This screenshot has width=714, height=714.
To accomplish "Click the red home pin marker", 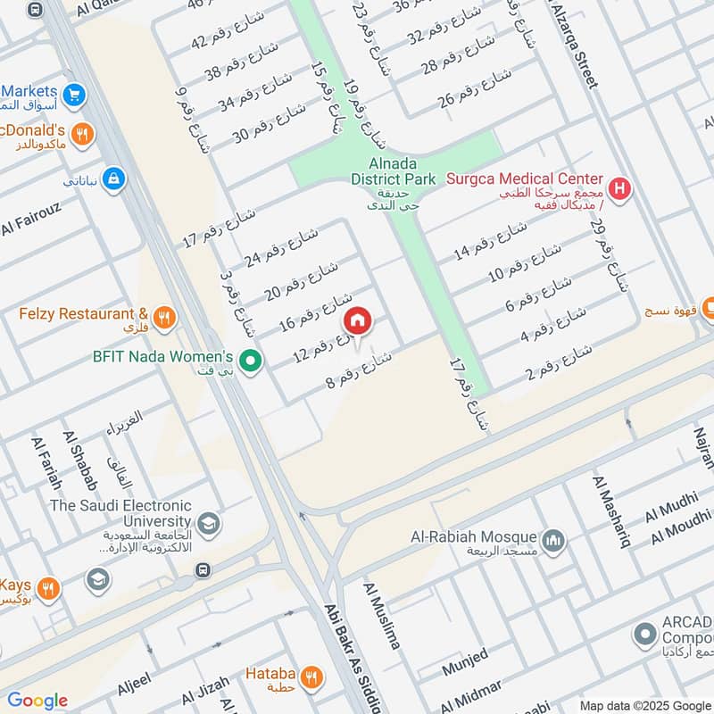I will tap(357, 320).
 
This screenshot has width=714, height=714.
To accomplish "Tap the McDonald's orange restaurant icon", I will tap(82, 134).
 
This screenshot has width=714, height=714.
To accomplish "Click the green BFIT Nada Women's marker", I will tap(252, 361).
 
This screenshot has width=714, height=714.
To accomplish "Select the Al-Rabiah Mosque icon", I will tap(554, 541).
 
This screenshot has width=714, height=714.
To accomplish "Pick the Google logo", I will tap(37, 701).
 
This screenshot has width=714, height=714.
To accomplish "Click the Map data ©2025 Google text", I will tap(645, 705).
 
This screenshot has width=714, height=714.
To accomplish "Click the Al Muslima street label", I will tap(381, 616).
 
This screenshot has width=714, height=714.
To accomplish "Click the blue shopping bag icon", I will tap(112, 180).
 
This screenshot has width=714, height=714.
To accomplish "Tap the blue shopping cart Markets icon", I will tap(74, 94).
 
